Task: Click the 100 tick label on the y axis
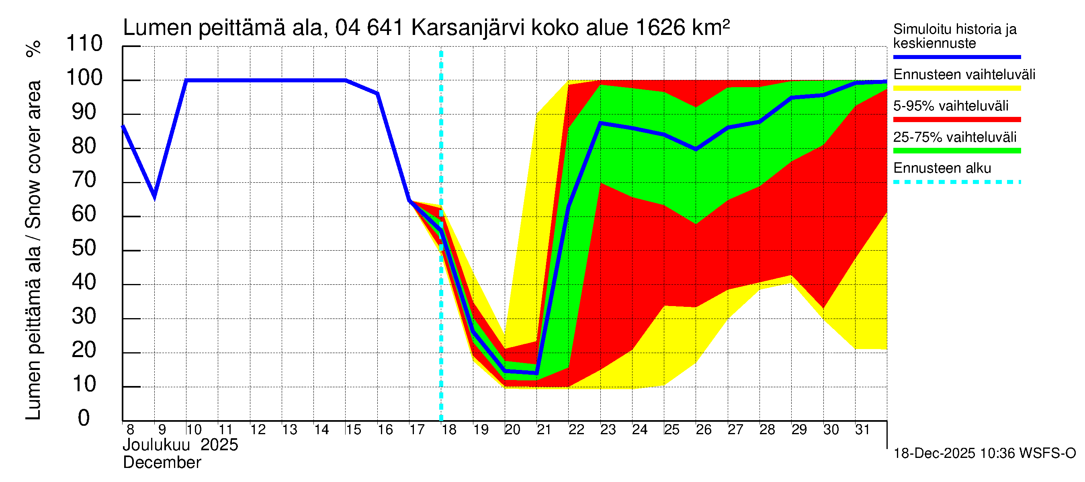(x=84, y=78)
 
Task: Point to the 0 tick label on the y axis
(x=84, y=418)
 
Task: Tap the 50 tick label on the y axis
(x=84, y=248)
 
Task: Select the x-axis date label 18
(x=449, y=430)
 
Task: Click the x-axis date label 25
(x=671, y=430)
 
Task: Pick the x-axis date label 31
(x=862, y=430)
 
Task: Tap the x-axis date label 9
(x=162, y=430)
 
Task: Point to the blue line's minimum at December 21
(x=536, y=373)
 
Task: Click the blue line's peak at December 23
(x=600, y=123)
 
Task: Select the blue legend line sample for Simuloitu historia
(x=956, y=57)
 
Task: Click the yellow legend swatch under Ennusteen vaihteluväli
(x=956, y=88)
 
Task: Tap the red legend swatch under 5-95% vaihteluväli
(x=956, y=120)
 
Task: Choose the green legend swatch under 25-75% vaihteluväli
(x=956, y=151)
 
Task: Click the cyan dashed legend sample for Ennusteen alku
(x=956, y=182)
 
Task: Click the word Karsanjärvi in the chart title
(x=467, y=28)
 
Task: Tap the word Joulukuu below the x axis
(x=156, y=445)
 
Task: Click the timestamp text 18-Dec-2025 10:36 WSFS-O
(x=984, y=453)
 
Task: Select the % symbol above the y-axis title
(x=34, y=49)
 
